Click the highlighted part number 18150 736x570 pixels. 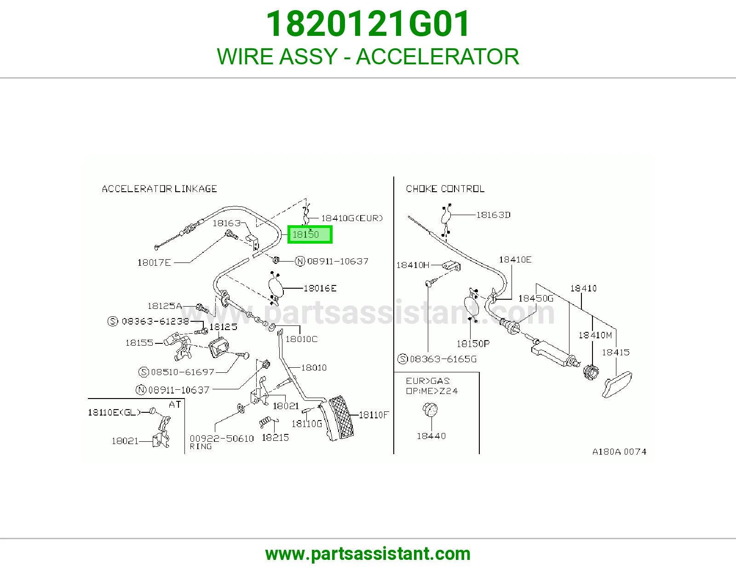[x=305, y=234]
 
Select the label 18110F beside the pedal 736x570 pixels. [x=374, y=415]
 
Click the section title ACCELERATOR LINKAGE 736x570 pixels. [x=159, y=188]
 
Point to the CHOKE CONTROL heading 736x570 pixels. [x=445, y=188]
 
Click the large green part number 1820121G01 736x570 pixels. [x=368, y=24]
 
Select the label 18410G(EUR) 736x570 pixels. [x=352, y=218]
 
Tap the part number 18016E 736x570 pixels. [x=320, y=288]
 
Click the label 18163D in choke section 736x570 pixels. [x=493, y=215]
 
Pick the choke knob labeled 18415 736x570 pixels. [x=617, y=384]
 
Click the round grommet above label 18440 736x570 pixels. [x=430, y=410]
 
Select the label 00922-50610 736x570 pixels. [x=222, y=439]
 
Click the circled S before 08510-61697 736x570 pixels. [x=144, y=372]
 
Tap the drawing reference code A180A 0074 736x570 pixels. [x=619, y=451]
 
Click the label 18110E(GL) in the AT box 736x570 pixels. [x=114, y=412]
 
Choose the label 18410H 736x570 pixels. [x=413, y=265]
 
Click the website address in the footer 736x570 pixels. [x=368, y=554]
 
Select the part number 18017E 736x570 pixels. [x=154, y=262]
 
